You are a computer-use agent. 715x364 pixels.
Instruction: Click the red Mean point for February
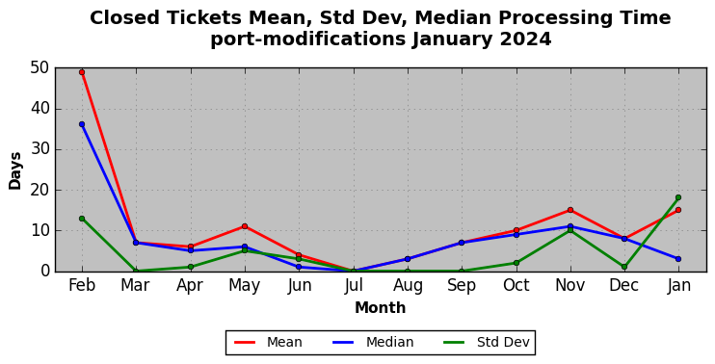82,72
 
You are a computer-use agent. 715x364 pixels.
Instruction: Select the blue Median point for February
82,124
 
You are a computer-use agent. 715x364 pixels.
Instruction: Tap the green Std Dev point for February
82,219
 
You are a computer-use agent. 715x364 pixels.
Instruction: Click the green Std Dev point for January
678,197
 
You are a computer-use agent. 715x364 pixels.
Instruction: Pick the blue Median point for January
678,259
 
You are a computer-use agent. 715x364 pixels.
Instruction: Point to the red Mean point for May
245,226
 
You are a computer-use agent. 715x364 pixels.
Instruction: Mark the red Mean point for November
570,210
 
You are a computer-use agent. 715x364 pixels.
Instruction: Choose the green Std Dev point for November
570,230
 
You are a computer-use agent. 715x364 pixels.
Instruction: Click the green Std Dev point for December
624,267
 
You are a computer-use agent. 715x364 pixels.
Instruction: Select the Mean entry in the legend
268,342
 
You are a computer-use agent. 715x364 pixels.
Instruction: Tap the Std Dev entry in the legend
487,342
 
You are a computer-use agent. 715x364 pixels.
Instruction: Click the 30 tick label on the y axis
40,149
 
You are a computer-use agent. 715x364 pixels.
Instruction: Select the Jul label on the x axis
353,286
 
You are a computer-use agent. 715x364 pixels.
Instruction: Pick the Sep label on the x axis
462,286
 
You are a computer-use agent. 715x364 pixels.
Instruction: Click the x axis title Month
381,308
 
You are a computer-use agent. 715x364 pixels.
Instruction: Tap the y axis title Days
15,170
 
